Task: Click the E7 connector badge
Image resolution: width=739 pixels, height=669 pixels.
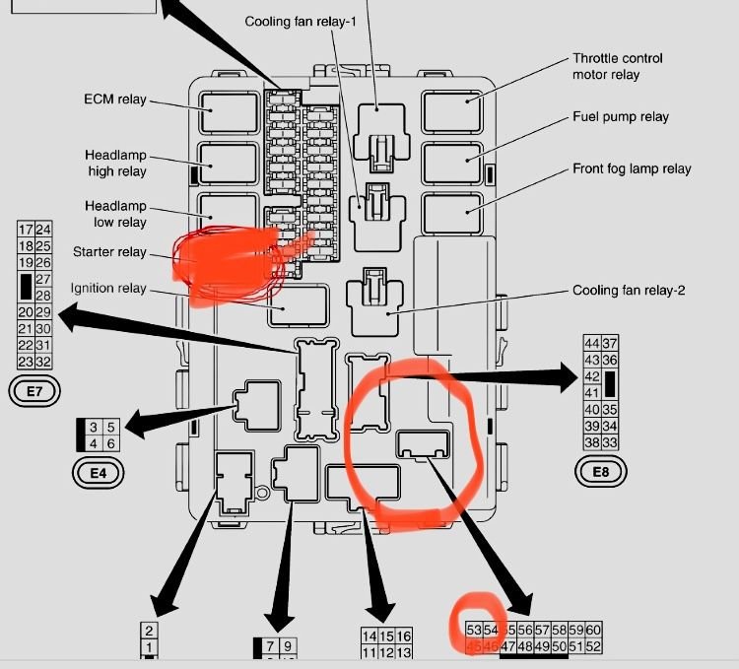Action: (34, 391)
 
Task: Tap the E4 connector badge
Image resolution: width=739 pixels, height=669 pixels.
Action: (98, 473)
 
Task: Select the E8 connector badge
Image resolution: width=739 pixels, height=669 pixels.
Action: (600, 472)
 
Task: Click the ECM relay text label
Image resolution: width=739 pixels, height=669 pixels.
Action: (115, 100)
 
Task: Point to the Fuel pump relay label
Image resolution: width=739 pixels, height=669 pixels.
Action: (621, 117)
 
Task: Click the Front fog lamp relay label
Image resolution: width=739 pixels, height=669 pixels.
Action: (632, 168)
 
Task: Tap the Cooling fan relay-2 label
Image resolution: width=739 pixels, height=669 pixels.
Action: (628, 291)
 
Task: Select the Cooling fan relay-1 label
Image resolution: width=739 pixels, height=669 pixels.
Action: (301, 21)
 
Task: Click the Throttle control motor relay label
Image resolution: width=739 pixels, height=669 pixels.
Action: (618, 66)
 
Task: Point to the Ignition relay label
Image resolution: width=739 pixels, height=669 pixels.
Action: (108, 289)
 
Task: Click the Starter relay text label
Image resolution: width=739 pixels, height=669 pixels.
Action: (109, 252)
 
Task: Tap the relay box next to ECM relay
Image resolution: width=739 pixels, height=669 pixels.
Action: (229, 112)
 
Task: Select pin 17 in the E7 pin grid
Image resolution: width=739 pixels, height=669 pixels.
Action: (26, 230)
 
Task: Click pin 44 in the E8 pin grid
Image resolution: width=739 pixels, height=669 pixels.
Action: (592, 343)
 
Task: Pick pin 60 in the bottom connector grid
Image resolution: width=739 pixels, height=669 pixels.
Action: (593, 630)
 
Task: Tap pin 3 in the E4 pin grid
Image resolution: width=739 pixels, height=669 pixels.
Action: (93, 427)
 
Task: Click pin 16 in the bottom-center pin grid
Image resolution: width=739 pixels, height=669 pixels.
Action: (404, 636)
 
